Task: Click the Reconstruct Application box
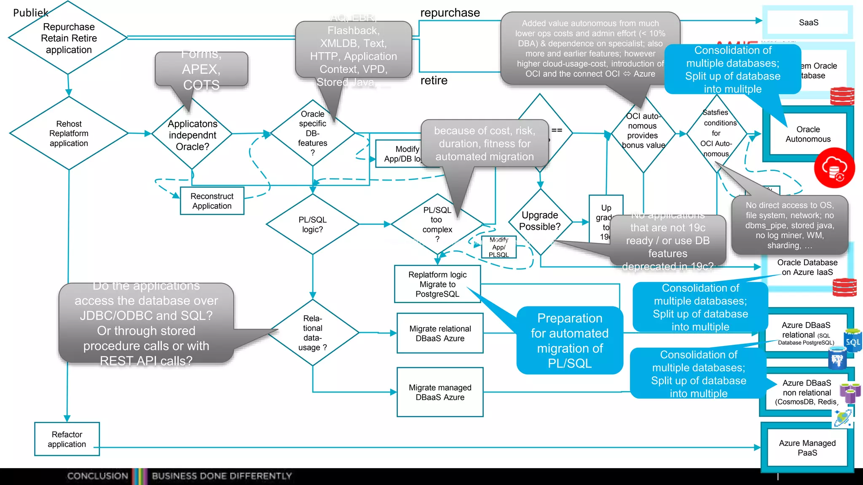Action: coord(212,201)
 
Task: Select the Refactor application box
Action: coord(67,439)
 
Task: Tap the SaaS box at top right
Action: coord(808,23)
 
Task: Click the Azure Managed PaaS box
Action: coord(807,448)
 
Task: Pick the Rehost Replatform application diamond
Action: coord(69,133)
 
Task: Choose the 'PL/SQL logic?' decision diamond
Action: coord(312,224)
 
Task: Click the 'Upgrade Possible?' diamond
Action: coord(539,221)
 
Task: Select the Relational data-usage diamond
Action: coord(312,333)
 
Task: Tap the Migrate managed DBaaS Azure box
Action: coord(440,392)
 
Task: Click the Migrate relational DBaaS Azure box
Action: coord(440,333)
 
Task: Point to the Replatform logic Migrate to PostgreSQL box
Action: coord(437,284)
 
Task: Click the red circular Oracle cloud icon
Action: coord(834,168)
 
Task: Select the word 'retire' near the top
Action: coord(434,80)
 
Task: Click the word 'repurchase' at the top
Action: coord(450,13)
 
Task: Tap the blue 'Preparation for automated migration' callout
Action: coord(569,341)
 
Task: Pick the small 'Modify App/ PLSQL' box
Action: coord(499,247)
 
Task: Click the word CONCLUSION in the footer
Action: coord(97,476)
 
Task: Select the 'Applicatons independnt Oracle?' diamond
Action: coord(192,135)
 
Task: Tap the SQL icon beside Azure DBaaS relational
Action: coord(852,341)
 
